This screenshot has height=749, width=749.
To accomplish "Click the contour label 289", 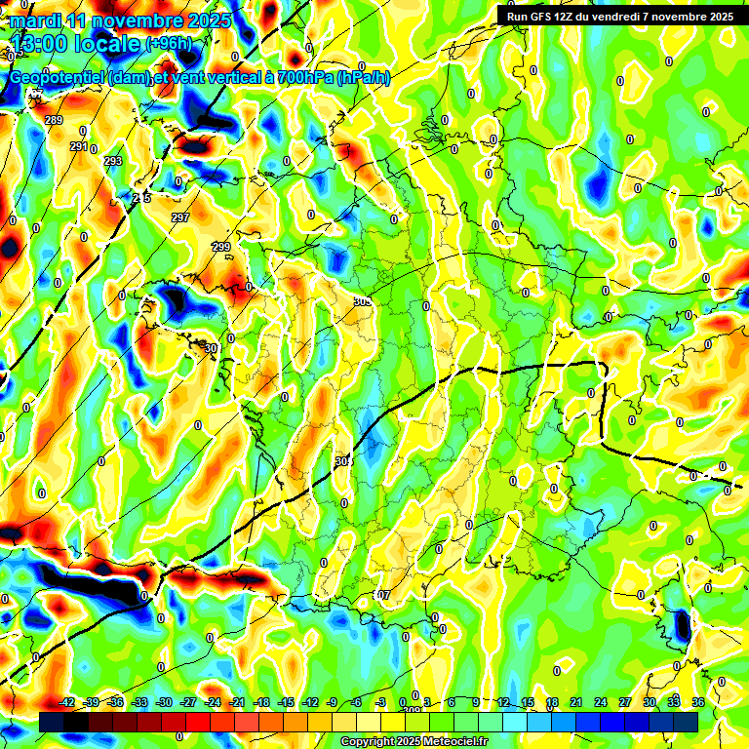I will (x=55, y=120).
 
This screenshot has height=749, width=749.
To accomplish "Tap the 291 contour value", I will (x=79, y=146).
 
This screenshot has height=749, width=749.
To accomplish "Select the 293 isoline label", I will (x=113, y=161).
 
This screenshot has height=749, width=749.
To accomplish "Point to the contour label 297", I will (x=180, y=217).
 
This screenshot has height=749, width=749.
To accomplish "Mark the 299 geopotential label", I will (x=221, y=247).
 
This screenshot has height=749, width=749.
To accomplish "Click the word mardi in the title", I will (x=34, y=20).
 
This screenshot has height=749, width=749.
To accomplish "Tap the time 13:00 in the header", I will (x=45, y=45).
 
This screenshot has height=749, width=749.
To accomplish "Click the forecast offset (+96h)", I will (x=169, y=44).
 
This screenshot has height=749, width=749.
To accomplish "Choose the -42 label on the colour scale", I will (x=67, y=702).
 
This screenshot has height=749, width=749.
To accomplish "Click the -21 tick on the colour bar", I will (x=237, y=702).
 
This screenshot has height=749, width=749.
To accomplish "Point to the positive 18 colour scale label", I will (x=552, y=702).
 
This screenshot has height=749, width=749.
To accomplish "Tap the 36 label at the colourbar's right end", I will (x=698, y=702).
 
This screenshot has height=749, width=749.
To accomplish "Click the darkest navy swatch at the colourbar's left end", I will (x=52, y=721).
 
